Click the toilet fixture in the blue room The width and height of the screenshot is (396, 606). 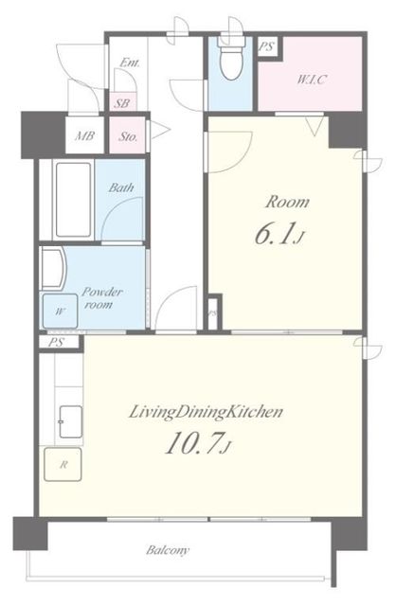(230, 58)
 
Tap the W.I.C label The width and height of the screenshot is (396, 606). (312, 80)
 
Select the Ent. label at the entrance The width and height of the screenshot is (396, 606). (130, 62)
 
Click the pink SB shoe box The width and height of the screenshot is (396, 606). (122, 103)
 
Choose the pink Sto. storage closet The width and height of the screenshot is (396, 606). (128, 135)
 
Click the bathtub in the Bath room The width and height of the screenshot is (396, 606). (73, 200)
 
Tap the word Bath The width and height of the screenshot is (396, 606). (121, 187)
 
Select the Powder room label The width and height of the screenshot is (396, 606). (101, 298)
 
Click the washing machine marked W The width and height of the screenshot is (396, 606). (60, 312)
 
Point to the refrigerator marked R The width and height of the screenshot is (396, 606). (63, 464)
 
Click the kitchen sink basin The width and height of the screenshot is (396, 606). (70, 421)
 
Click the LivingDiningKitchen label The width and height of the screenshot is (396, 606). (206, 413)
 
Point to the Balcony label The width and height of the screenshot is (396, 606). (168, 550)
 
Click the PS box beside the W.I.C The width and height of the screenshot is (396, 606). (266, 46)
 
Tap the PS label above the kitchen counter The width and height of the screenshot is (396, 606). (57, 343)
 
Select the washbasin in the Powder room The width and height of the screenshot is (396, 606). (53, 269)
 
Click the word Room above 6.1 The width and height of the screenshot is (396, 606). (287, 202)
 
